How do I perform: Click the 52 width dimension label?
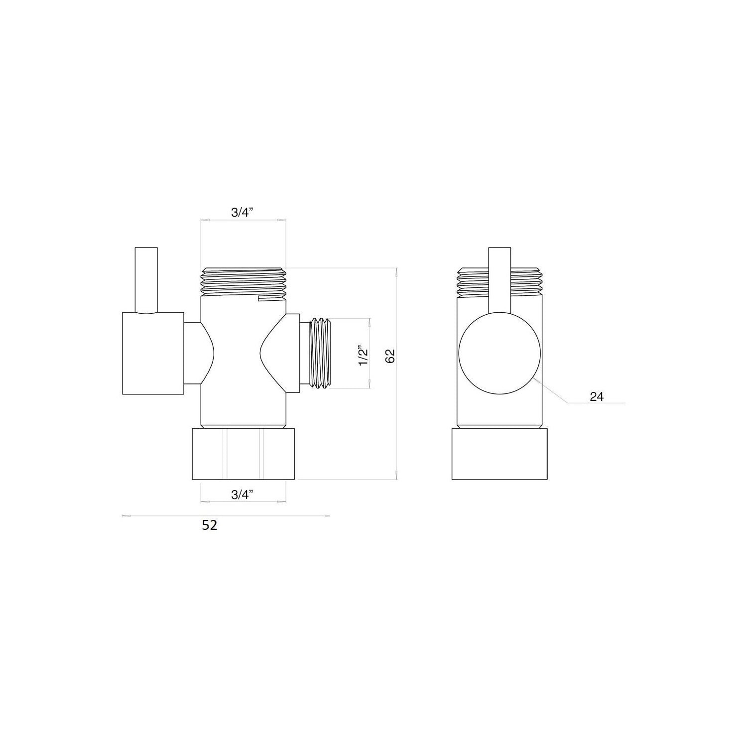(x=210, y=525)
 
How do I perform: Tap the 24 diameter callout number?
(x=596, y=396)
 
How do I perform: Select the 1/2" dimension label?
(x=364, y=356)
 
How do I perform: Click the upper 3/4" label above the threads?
(x=243, y=213)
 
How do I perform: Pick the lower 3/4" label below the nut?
(x=243, y=495)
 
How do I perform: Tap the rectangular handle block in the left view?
(x=153, y=353)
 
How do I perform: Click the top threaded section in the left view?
(x=244, y=282)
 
